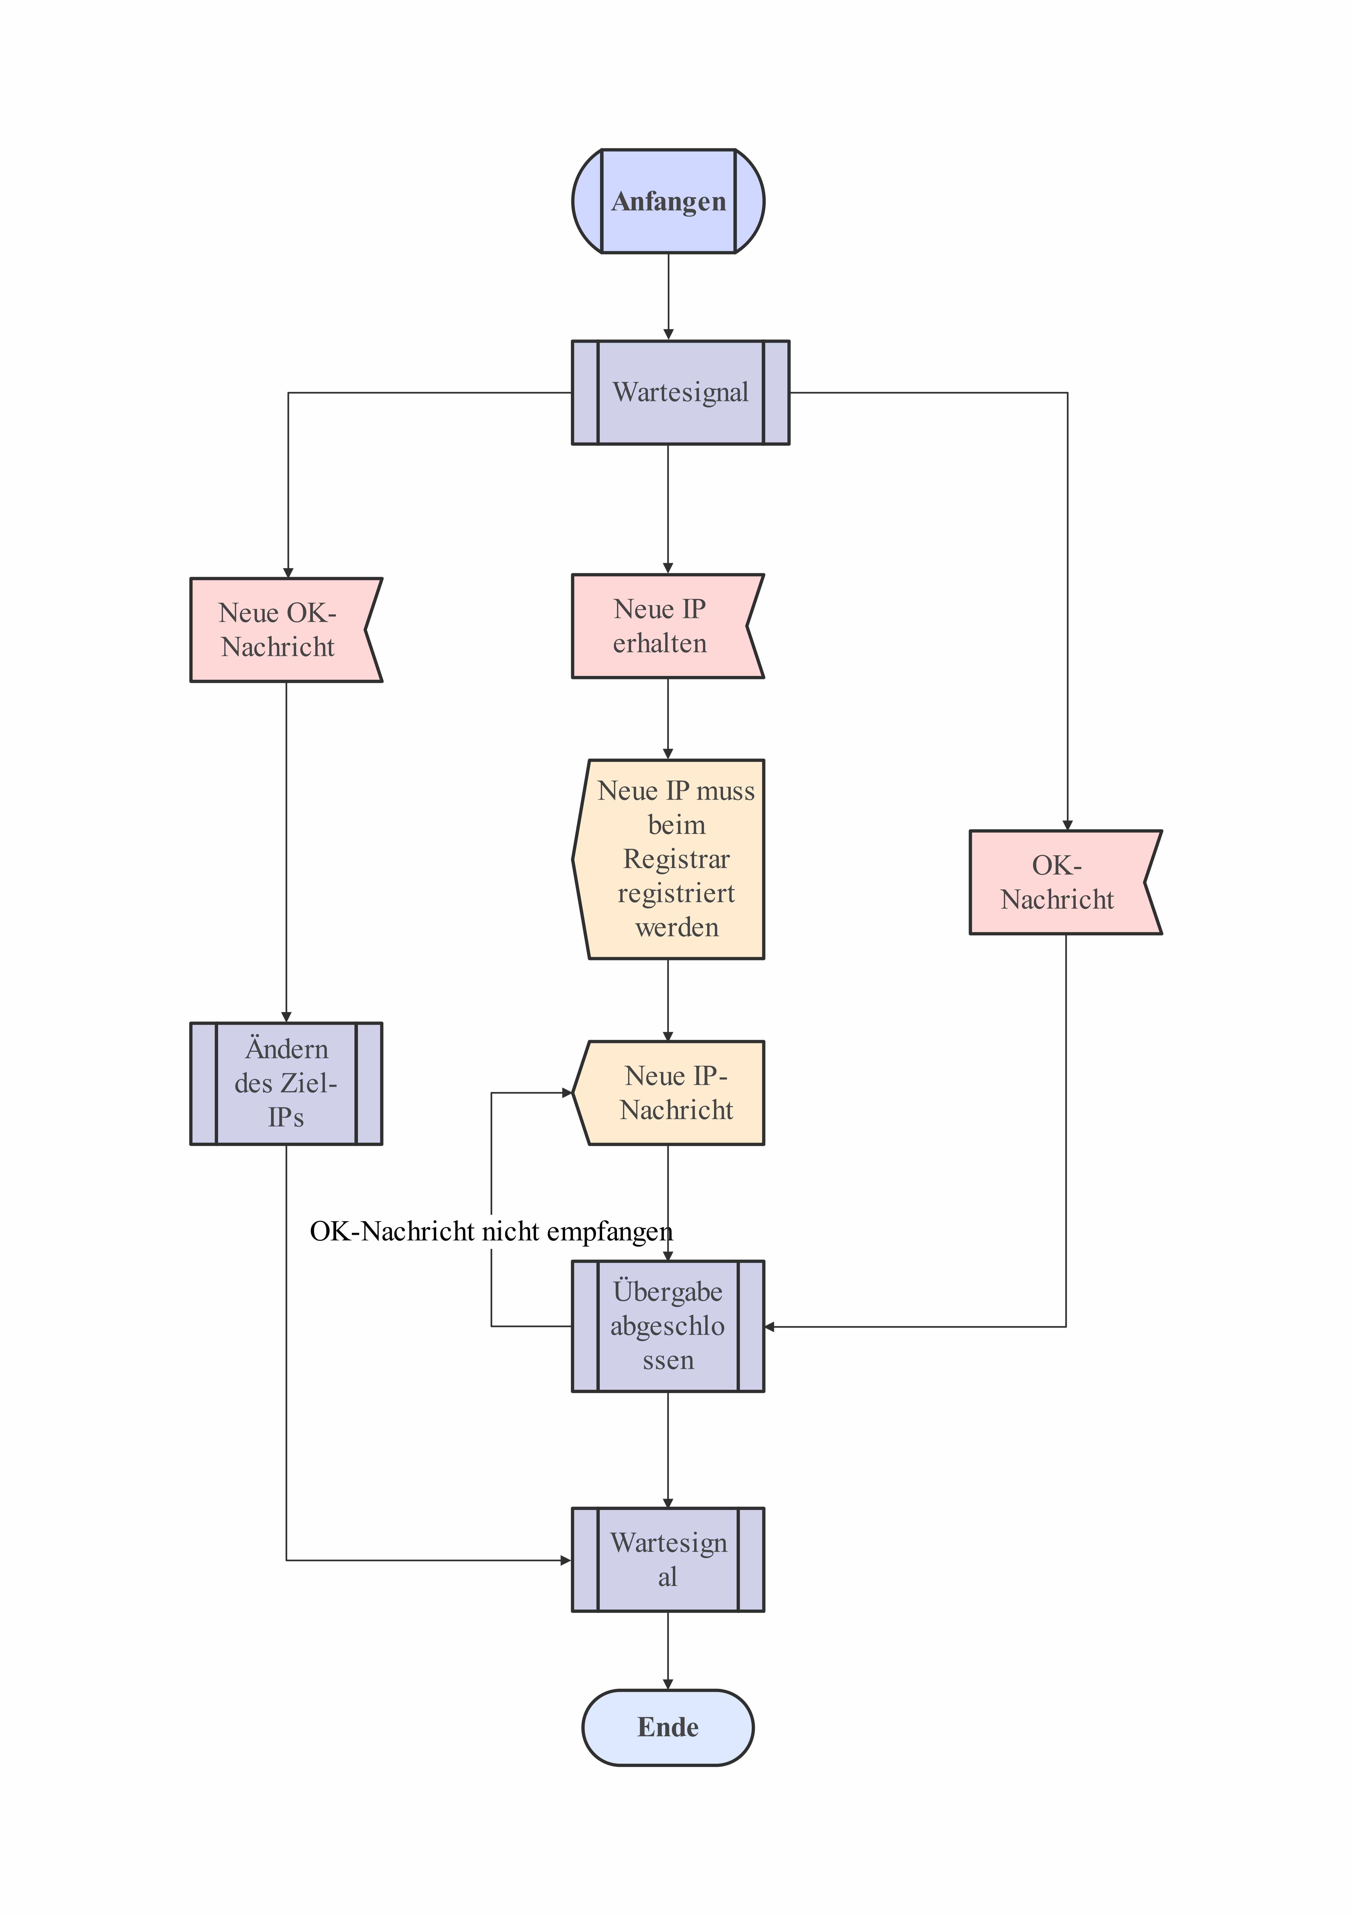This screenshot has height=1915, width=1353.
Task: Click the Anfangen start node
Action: pyautogui.click(x=668, y=201)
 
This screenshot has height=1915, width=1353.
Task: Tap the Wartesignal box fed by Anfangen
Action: pyautogui.click(x=680, y=392)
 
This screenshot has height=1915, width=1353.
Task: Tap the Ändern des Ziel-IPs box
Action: pyautogui.click(x=286, y=1083)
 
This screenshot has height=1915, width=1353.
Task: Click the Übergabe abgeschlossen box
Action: pyautogui.click(x=668, y=1326)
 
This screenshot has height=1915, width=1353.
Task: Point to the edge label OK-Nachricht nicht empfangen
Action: pyautogui.click(x=491, y=1232)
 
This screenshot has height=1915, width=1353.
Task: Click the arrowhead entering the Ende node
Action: pyautogui.click(x=668, y=1684)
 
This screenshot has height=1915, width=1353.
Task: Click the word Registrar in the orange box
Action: pyautogui.click(x=676, y=859)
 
